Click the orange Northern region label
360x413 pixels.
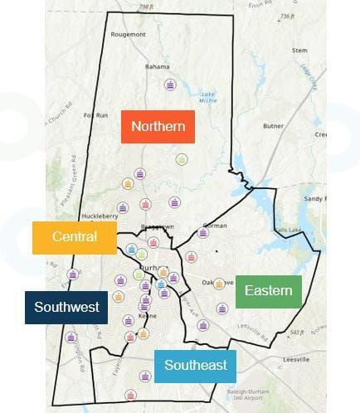coord(158,127)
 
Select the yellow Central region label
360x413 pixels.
coord(75,236)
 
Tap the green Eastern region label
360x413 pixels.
coord(268,290)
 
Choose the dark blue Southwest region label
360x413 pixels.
coord(67,307)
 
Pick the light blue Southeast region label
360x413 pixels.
coord(195,365)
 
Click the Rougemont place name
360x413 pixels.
coord(129,34)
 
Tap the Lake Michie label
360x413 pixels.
coord(208,99)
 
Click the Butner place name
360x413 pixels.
coord(273,127)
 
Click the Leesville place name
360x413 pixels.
coord(292,359)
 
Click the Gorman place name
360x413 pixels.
coord(215,225)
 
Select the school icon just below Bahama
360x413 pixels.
coord(170,85)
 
